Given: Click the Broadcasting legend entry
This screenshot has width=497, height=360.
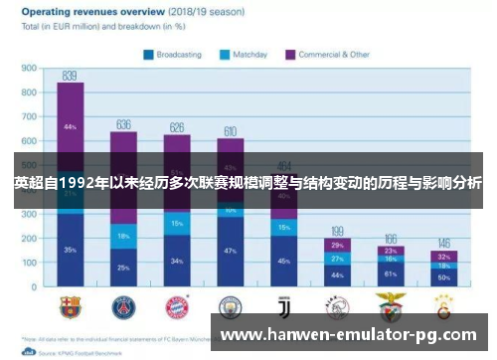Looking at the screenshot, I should pyautogui.click(x=176, y=55).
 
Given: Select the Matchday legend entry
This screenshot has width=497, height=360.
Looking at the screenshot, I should pyautogui.click(x=248, y=55).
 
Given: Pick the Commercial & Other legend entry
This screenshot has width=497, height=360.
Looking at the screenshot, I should pyautogui.click(x=328, y=55).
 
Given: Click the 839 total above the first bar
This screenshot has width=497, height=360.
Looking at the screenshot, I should pyautogui.click(x=70, y=76).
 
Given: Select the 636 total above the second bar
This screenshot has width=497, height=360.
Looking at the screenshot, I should pyautogui.click(x=123, y=124).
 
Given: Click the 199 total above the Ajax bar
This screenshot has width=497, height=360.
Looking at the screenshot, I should pyautogui.click(x=338, y=231).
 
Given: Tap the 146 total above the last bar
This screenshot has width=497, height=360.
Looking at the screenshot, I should pyautogui.click(x=443, y=244).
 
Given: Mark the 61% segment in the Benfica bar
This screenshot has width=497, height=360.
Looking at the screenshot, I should pyautogui.click(x=391, y=272).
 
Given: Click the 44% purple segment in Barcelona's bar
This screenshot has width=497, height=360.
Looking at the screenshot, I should pyautogui.click(x=70, y=127).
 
